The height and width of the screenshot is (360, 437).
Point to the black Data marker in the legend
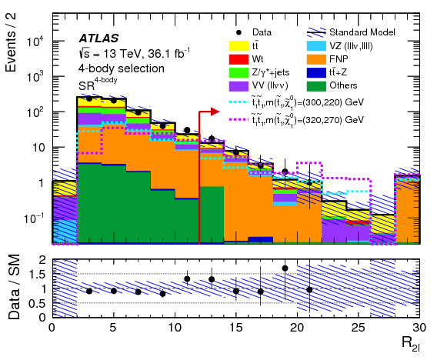[x=239, y=33]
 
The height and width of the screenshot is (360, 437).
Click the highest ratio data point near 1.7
[x=285, y=268]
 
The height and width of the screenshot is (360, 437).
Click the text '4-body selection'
[x=121, y=68]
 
